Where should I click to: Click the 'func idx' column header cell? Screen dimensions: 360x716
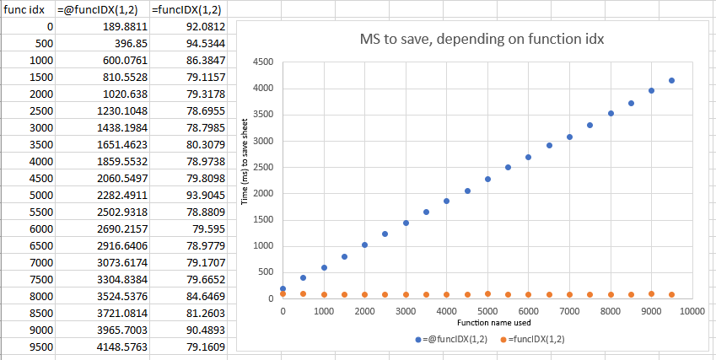(28, 9)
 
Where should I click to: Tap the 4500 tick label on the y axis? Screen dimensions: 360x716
(262, 62)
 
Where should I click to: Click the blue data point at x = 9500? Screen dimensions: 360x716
(671, 81)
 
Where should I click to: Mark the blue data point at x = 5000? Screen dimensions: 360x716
(487, 179)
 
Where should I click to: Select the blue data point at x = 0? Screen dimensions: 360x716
(283, 288)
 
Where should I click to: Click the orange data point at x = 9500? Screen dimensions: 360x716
(671, 294)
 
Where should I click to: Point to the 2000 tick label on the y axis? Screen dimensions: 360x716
(262, 193)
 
